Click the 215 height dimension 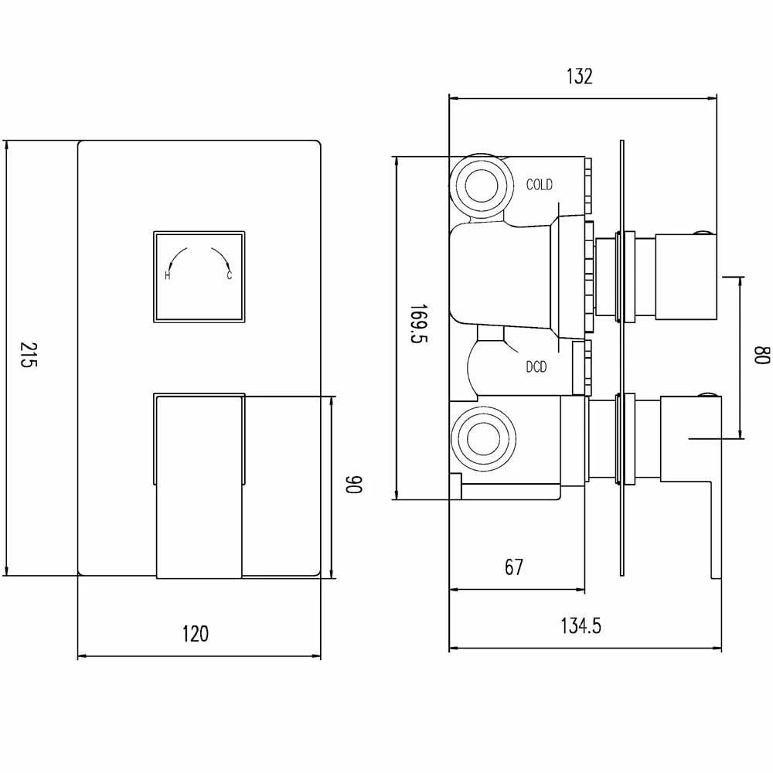click(x=28, y=355)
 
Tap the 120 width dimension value click(x=196, y=634)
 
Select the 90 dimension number click(x=353, y=485)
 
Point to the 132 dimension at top click(x=579, y=77)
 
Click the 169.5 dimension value click(x=418, y=323)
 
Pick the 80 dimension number click(x=761, y=355)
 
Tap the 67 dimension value click(x=514, y=567)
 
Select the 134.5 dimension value click(x=581, y=626)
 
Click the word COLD click(x=540, y=185)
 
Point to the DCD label click(x=536, y=367)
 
